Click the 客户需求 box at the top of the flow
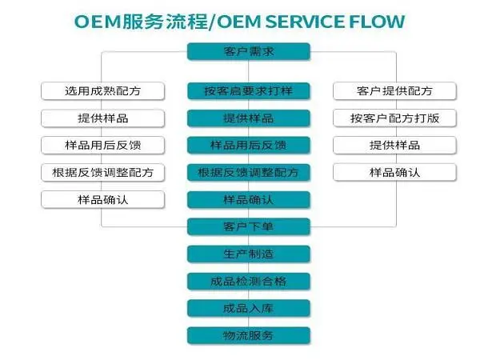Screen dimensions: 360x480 (248, 53)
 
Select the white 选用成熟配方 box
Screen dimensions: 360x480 (103, 91)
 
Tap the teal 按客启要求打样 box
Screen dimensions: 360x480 (248, 91)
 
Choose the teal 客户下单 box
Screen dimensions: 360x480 (248, 227)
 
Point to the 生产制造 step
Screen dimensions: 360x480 (248, 254)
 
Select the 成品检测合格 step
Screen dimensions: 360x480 (248, 282)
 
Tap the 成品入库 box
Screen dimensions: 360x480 (248, 309)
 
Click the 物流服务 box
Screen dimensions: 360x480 (248, 336)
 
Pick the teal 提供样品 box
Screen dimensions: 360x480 (248, 118)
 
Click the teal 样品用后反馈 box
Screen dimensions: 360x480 (248, 146)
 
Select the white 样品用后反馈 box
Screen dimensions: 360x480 (103, 146)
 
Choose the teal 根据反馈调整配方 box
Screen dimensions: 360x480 (248, 173)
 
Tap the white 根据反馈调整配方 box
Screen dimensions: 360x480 (103, 173)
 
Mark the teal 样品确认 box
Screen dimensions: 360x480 (248, 200)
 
